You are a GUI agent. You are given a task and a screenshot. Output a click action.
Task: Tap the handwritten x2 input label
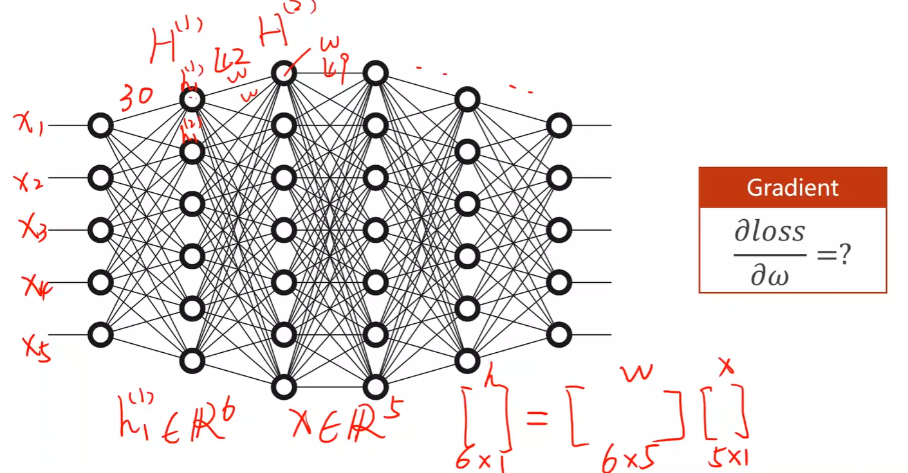[x=29, y=182]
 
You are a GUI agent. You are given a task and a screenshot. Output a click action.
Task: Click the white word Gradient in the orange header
[x=792, y=188]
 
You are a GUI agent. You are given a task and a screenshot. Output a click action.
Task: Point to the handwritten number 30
[x=136, y=97]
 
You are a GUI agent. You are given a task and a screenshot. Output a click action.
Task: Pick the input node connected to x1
[x=100, y=126]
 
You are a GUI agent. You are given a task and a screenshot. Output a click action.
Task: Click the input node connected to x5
[x=100, y=335]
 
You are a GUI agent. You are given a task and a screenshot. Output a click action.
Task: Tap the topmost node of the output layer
[x=559, y=126]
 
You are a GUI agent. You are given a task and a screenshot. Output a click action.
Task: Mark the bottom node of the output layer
[x=559, y=335]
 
